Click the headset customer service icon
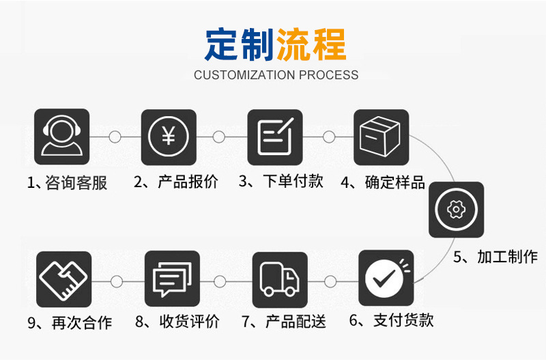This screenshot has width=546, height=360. pyautogui.click(x=61, y=137)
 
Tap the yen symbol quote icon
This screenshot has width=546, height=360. pyautogui.click(x=169, y=137)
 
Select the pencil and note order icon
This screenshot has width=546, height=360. pyautogui.click(x=275, y=137)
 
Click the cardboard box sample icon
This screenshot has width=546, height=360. pyautogui.click(x=381, y=137)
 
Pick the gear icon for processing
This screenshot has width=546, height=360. pyautogui.click(x=456, y=209)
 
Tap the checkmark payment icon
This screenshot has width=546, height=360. pyautogui.click(x=386, y=278)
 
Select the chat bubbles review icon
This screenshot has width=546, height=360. pyautogui.click(x=172, y=278)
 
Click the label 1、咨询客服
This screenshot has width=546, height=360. pyautogui.click(x=67, y=183)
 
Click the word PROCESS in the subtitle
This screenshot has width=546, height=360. pyautogui.click(x=326, y=75)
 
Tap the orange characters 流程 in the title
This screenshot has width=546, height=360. pyautogui.click(x=311, y=44)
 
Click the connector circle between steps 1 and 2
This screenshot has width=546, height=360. pyautogui.click(x=115, y=137)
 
